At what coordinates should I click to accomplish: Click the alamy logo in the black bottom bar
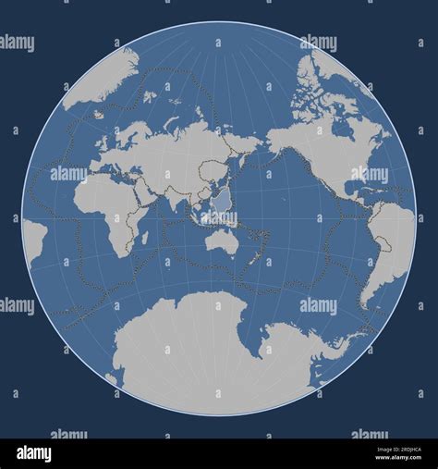(x=33, y=453)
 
